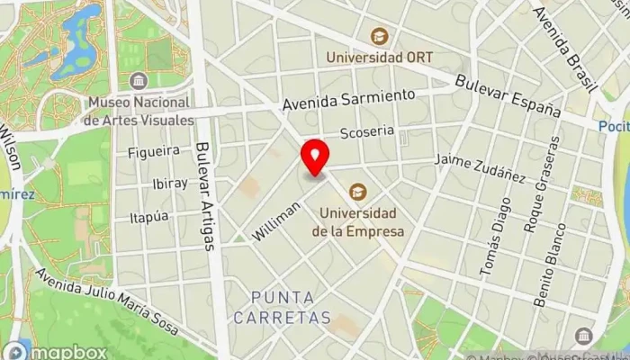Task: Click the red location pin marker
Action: click(315, 158)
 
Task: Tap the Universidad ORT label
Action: click(378, 57)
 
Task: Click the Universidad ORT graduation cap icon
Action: click(378, 37)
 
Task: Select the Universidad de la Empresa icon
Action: click(358, 192)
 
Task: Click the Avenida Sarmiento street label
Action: click(348, 100)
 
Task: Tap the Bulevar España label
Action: click(508, 97)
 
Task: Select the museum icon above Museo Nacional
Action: click(138, 81)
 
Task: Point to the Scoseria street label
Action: click(367, 131)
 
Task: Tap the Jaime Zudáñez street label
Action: click(480, 166)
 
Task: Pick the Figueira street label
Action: click(154, 150)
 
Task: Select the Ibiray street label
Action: click(169, 183)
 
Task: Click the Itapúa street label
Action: click(149, 217)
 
